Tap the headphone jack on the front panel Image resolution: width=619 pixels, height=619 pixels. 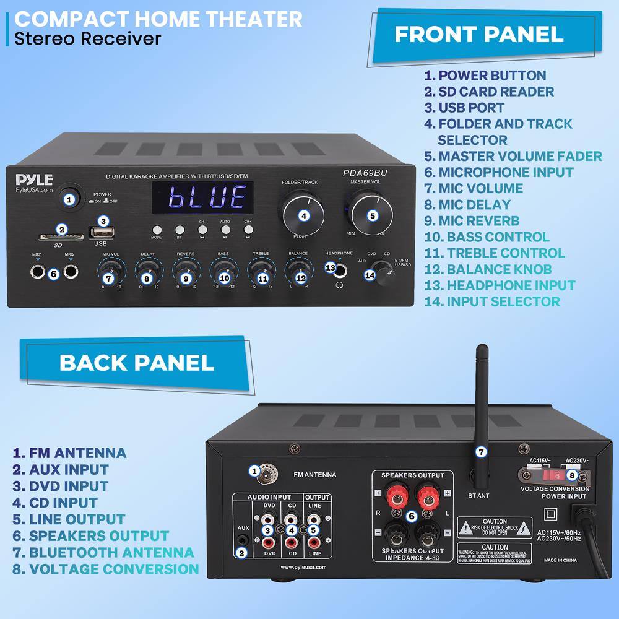pos(331,268)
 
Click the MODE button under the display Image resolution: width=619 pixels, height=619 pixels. pos(156,229)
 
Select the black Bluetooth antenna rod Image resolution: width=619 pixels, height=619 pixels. pos(481,402)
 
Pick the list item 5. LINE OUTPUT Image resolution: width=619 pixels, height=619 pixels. pos(68,519)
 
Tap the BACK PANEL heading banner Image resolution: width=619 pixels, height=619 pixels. pos(136,362)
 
